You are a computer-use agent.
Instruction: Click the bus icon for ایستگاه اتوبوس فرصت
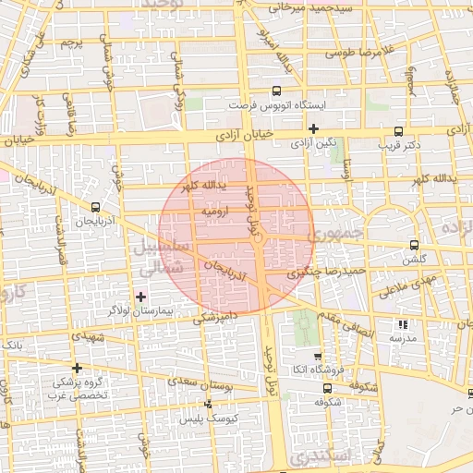click(x=276, y=91)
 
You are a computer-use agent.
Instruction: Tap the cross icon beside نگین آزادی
click(x=314, y=128)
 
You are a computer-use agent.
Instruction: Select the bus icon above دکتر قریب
click(x=398, y=131)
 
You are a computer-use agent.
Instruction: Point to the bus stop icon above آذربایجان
click(x=97, y=207)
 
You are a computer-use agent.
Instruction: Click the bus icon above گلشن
click(x=414, y=245)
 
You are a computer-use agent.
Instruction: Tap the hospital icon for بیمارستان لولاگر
click(x=140, y=297)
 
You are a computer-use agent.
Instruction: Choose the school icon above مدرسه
click(x=402, y=324)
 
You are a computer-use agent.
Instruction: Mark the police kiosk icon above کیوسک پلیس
click(x=208, y=404)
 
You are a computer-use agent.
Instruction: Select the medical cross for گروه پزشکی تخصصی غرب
click(x=77, y=368)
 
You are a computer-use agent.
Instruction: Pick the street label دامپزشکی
click(x=214, y=318)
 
